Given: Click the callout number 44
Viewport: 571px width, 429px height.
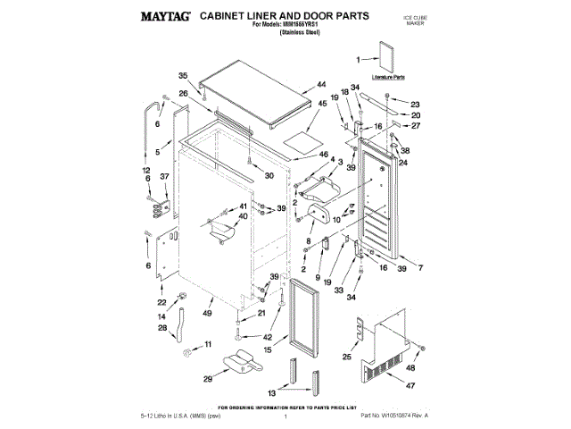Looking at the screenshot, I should click(x=320, y=87).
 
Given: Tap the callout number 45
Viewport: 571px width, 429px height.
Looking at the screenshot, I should click(x=322, y=103).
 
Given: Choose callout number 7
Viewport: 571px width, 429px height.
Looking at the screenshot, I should click(x=419, y=268).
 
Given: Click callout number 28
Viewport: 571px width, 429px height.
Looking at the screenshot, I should click(x=162, y=328).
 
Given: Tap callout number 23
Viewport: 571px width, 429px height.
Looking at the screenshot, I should click(x=415, y=104).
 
